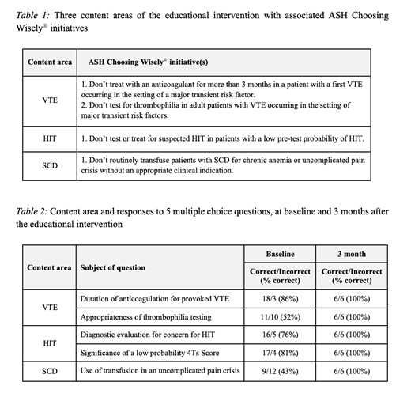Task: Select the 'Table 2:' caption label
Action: pos(34,212)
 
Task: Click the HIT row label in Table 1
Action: pos(49,139)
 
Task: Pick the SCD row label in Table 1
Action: pos(49,165)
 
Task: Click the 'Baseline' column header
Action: pos(279,255)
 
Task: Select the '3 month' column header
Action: pos(352,255)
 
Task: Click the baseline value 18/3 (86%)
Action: pos(279,299)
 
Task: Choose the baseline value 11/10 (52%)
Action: pos(279,317)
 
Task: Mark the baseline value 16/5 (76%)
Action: pos(279,335)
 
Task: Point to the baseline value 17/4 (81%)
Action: pos(279,353)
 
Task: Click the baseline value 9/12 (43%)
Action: pos(279,371)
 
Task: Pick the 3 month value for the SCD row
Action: pos(352,371)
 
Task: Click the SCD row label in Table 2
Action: pos(49,371)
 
